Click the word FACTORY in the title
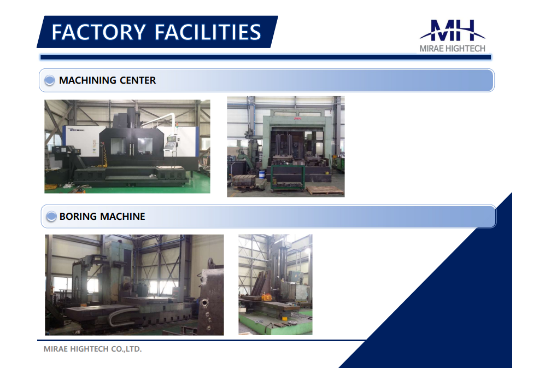(x=98, y=32)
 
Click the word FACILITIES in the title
(x=208, y=32)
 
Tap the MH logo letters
(x=453, y=31)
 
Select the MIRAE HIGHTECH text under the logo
(x=452, y=49)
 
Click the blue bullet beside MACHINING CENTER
(x=50, y=80)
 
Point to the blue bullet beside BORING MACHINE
(x=51, y=217)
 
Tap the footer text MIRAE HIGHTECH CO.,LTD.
(x=92, y=349)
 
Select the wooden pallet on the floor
(x=325, y=190)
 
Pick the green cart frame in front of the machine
(x=288, y=178)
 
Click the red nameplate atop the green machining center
(x=297, y=119)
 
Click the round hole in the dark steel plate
(x=204, y=303)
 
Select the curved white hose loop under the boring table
(x=118, y=315)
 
